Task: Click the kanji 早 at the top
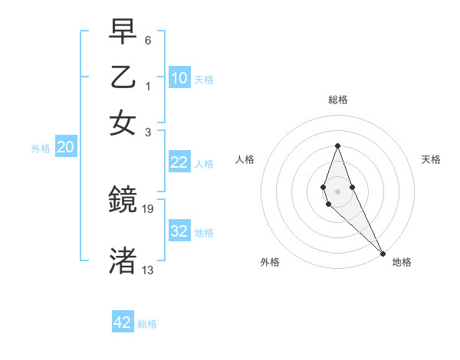pyautogui.click(x=123, y=33)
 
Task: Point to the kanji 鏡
pyautogui.click(x=123, y=201)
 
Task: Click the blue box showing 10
pyautogui.click(x=179, y=78)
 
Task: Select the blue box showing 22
pyautogui.click(x=179, y=162)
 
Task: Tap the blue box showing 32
pyautogui.click(x=179, y=231)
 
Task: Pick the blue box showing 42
pyautogui.click(x=123, y=322)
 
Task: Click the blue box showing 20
pyautogui.click(x=65, y=148)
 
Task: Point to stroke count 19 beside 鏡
pyautogui.click(x=149, y=208)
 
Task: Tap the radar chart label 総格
pyautogui.click(x=337, y=100)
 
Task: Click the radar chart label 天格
pyautogui.click(x=431, y=159)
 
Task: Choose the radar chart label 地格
pyautogui.click(x=402, y=262)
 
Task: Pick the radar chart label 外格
pyautogui.click(x=270, y=262)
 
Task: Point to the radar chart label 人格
pyautogui.click(x=245, y=159)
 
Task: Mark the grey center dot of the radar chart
pyautogui.click(x=337, y=191)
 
